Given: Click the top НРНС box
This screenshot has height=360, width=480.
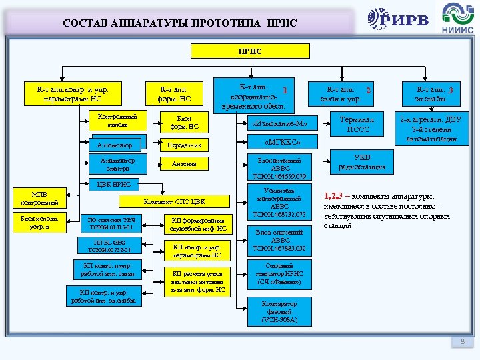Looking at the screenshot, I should pos(250,51).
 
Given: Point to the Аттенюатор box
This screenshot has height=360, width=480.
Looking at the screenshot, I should pos(114,145).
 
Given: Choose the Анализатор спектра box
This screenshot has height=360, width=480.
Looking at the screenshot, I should pos(117,165).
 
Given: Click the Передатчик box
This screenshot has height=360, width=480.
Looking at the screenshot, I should pos(184,144).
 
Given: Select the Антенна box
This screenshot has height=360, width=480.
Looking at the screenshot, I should pos(184,164).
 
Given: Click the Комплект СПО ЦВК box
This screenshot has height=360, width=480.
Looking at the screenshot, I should pos(175,202).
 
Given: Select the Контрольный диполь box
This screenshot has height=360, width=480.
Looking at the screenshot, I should pos(117,120).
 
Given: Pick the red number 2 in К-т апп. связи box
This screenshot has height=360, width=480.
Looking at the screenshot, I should pos(367,90).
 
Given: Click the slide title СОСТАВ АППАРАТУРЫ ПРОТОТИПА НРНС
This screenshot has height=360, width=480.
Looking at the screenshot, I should pos(180,23).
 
